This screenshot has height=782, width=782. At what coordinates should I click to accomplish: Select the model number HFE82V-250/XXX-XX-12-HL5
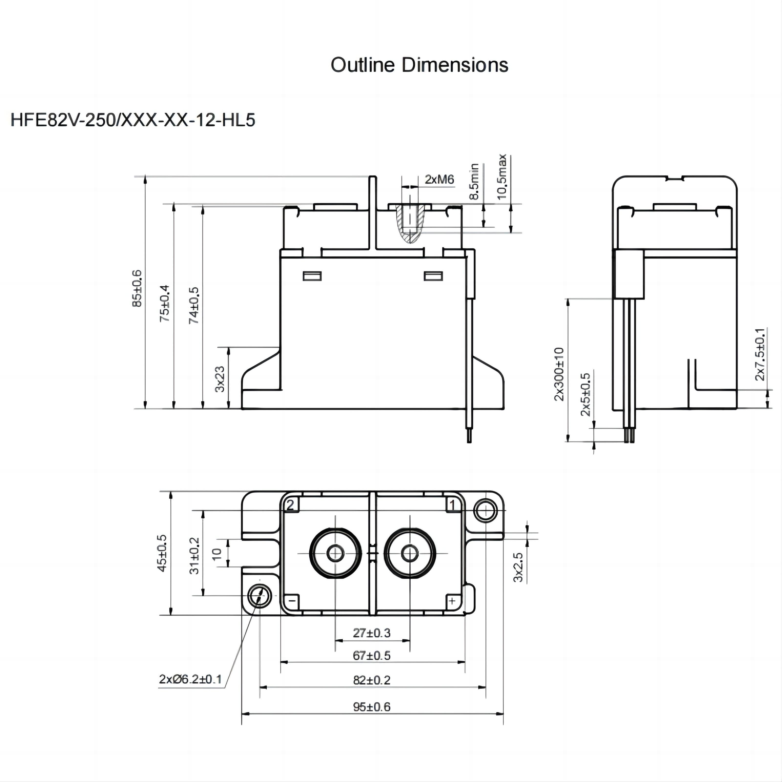133,120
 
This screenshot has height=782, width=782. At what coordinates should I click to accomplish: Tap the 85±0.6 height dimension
138,288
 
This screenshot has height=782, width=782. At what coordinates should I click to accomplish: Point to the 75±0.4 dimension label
165,303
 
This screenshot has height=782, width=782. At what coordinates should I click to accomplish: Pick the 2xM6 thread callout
439,179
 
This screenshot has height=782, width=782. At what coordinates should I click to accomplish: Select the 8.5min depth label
474,181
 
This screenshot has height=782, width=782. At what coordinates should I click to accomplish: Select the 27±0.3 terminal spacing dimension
371,633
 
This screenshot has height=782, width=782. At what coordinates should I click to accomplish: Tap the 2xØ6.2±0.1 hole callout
190,679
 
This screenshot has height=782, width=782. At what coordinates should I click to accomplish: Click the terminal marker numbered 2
290,505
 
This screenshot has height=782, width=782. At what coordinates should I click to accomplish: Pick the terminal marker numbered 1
453,505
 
